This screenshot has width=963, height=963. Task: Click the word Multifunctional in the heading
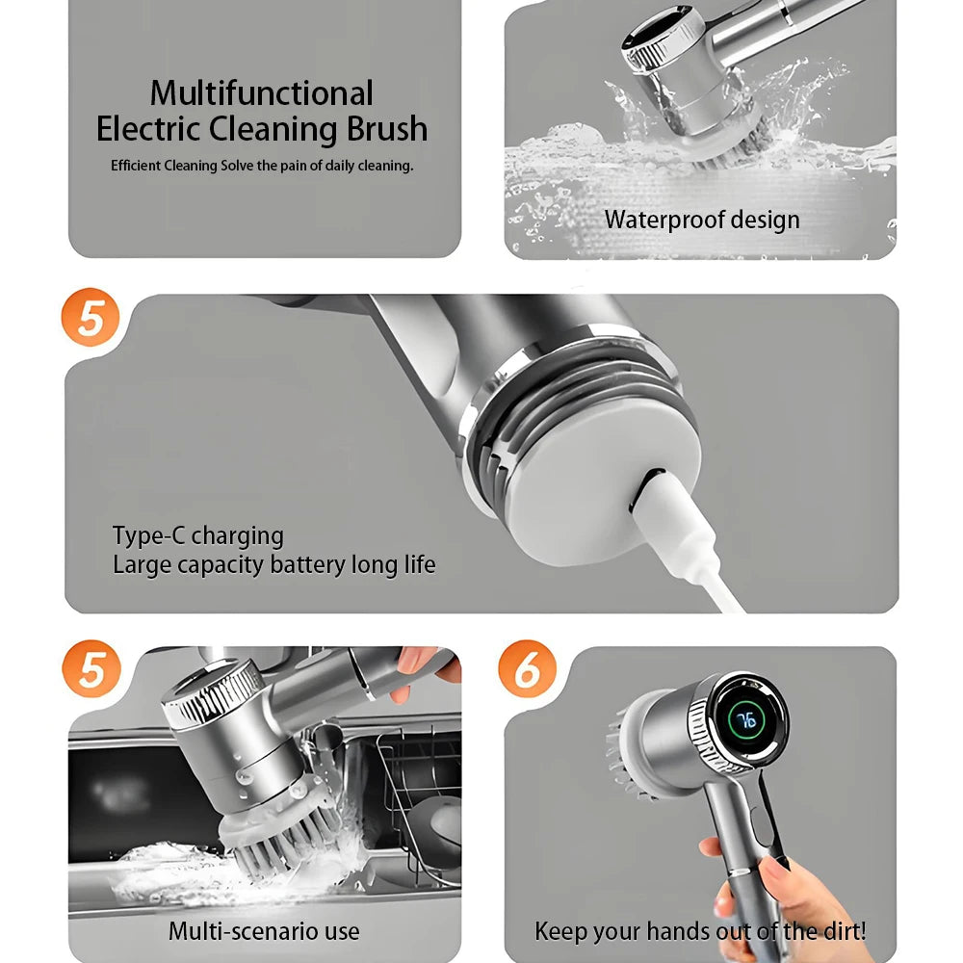coord(261,93)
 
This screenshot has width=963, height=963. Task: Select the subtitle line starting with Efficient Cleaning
coord(261,166)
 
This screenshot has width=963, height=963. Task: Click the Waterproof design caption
coord(701,220)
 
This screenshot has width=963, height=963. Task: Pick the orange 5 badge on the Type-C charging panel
coord(91,319)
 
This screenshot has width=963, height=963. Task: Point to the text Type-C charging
coord(197,535)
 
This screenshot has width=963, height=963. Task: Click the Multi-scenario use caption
coord(264,931)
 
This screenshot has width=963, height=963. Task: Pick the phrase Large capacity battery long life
coord(273,564)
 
